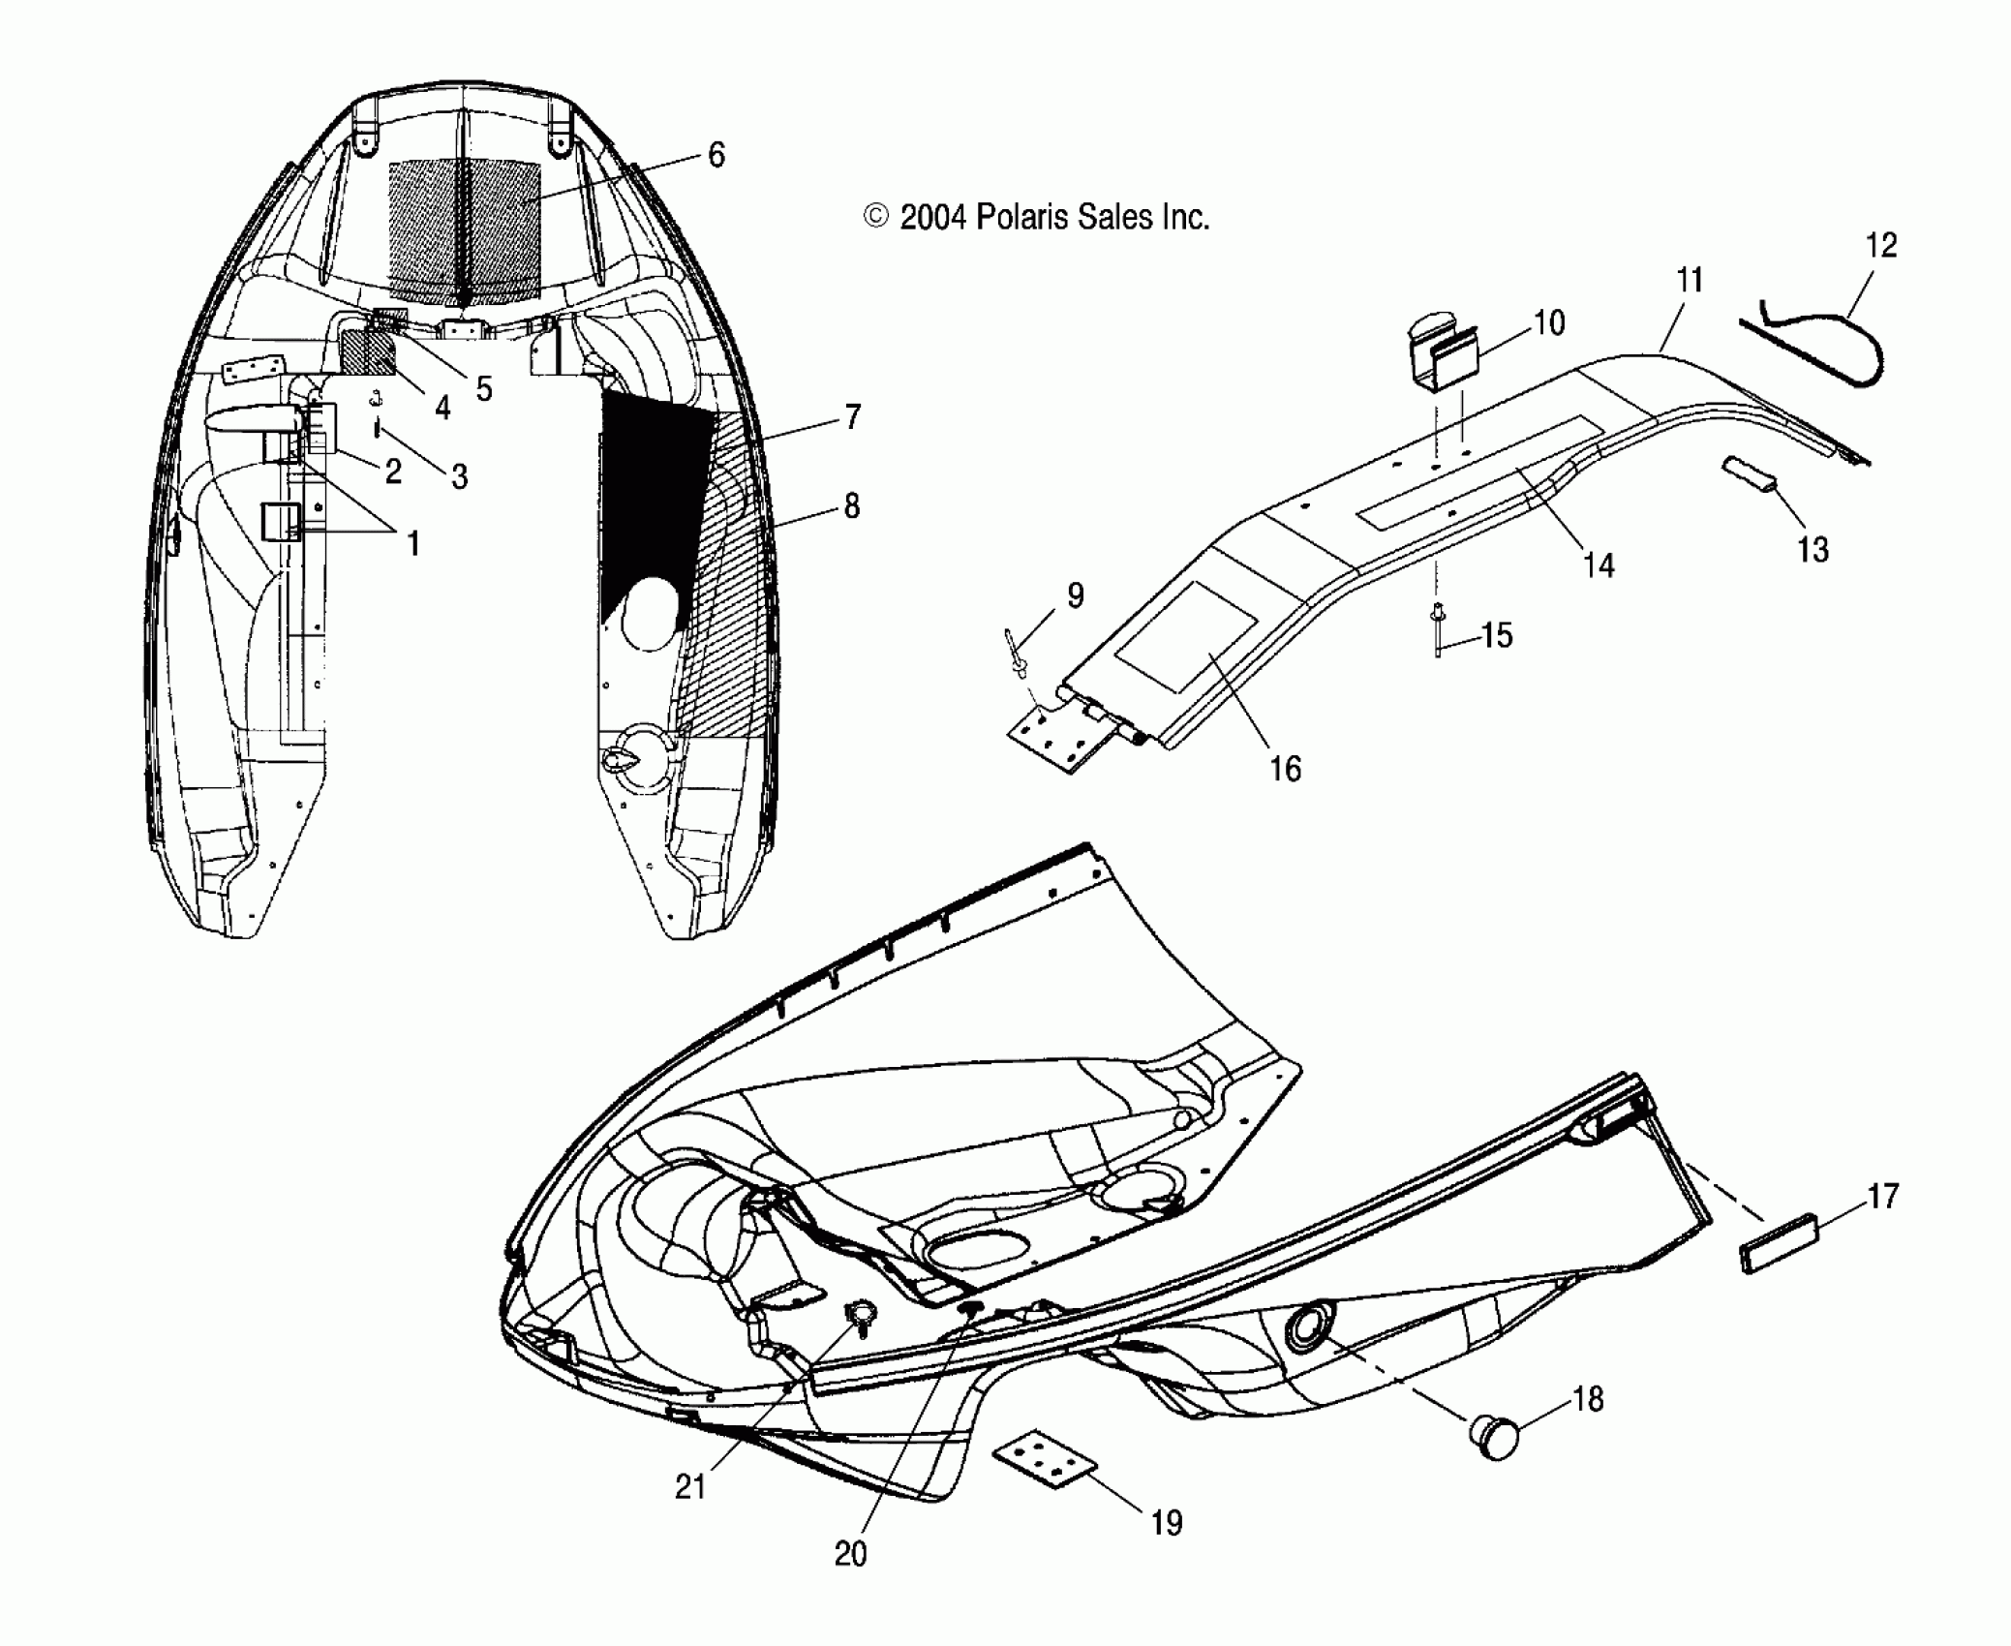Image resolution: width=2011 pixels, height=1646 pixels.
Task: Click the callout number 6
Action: click(x=716, y=155)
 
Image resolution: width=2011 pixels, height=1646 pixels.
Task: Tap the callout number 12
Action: click(x=1880, y=246)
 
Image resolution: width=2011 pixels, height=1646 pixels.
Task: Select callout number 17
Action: click(x=1882, y=1197)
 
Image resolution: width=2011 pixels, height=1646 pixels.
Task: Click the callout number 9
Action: click(x=1075, y=596)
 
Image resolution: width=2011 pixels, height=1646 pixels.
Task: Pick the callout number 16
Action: click(x=1285, y=769)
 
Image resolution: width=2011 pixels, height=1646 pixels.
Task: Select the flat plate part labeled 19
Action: click(x=1046, y=1463)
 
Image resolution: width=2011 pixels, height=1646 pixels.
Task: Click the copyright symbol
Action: click(x=875, y=217)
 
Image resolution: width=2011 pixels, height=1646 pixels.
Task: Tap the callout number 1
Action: click(x=413, y=544)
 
